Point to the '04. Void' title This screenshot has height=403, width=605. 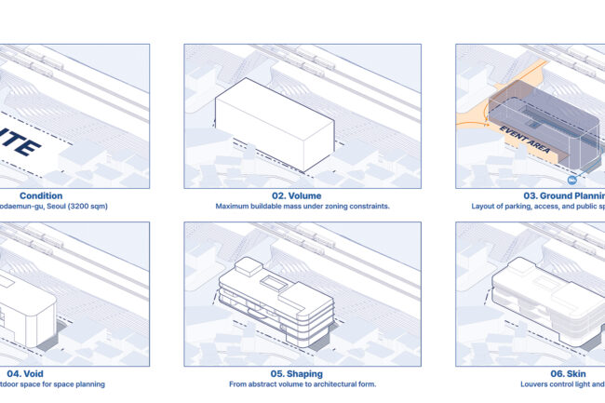(20, 373)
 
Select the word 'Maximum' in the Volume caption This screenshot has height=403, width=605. (233, 206)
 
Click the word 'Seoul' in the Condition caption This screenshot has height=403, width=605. (55, 206)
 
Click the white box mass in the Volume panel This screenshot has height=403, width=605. (275, 121)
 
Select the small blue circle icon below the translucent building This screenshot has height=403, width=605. (571, 178)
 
